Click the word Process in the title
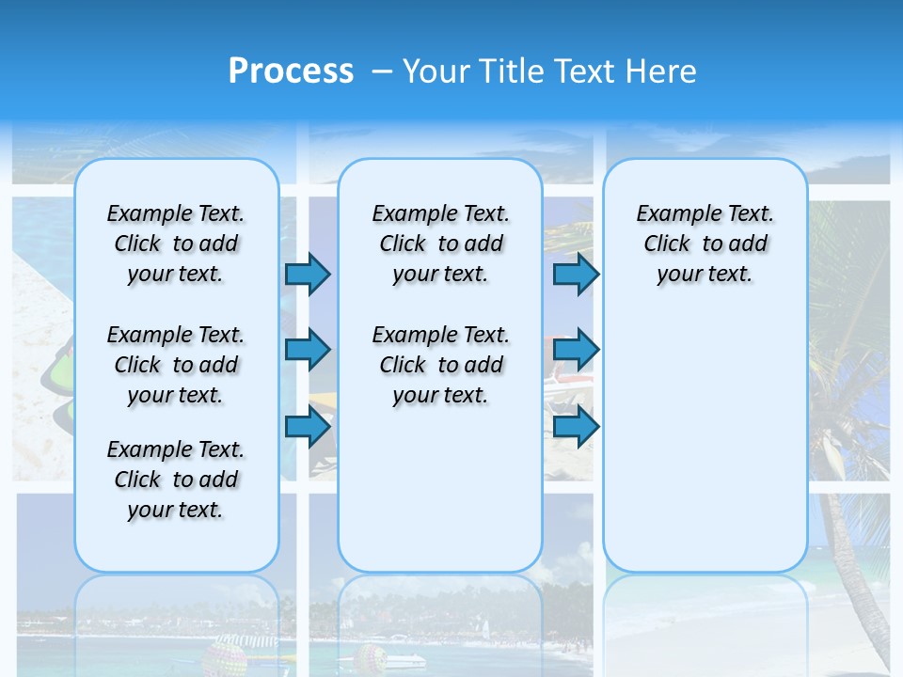pos(291,71)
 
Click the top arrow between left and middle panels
pos(308,275)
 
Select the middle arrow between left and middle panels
pos(308,350)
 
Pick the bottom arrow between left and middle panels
pos(308,427)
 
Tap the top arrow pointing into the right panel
pos(576,275)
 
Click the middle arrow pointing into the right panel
pos(576,350)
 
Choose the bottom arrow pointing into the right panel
pos(576,427)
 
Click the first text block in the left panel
pos(176,244)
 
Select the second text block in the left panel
pos(176,365)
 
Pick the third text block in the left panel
pos(176,480)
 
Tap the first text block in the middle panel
pos(440,244)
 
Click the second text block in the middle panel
pos(440,365)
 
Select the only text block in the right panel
pos(705,244)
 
